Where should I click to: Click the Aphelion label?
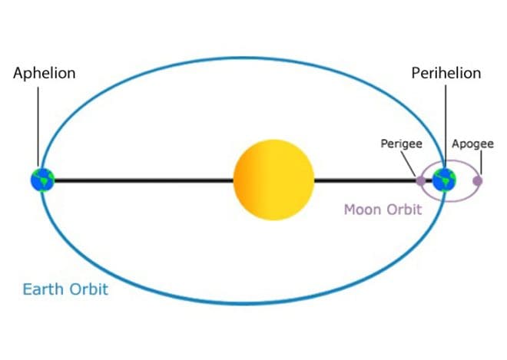[x=45, y=74]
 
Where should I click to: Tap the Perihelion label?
[x=446, y=73]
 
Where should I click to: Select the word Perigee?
[x=401, y=144]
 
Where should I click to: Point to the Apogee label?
[x=472, y=144]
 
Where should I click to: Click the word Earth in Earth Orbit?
[x=44, y=289]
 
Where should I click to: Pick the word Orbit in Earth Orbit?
[x=88, y=289]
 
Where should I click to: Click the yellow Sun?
[x=273, y=180]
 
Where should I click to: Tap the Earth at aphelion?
[x=43, y=180]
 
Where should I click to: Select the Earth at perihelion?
[x=444, y=180]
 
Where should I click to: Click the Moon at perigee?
[x=420, y=180]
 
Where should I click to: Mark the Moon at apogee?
[x=478, y=180]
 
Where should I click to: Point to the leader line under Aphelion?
[x=38, y=127]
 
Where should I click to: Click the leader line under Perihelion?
[x=446, y=127]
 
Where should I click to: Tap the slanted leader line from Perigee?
[x=409, y=163]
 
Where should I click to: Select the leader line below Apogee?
[x=481, y=163]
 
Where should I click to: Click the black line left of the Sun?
[x=144, y=180]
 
